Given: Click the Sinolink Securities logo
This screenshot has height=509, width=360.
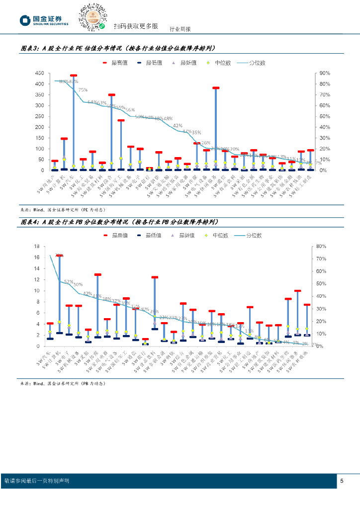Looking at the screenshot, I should (x=44, y=20).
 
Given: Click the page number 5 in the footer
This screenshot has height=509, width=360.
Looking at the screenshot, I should (x=342, y=481).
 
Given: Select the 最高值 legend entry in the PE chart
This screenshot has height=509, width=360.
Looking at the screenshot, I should (x=115, y=63).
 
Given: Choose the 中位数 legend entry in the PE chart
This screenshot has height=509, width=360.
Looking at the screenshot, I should (x=218, y=63).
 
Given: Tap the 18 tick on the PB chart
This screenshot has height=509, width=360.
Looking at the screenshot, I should (x=36, y=246).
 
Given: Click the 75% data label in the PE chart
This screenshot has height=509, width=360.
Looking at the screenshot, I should (x=83, y=90).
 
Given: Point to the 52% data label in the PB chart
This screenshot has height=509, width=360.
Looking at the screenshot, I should (x=69, y=281).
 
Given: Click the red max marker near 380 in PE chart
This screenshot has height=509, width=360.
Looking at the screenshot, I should (x=215, y=88).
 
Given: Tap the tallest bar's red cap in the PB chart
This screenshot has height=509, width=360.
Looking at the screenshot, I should (x=60, y=256).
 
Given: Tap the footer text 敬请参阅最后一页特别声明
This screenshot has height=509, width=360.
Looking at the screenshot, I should (x=36, y=481).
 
